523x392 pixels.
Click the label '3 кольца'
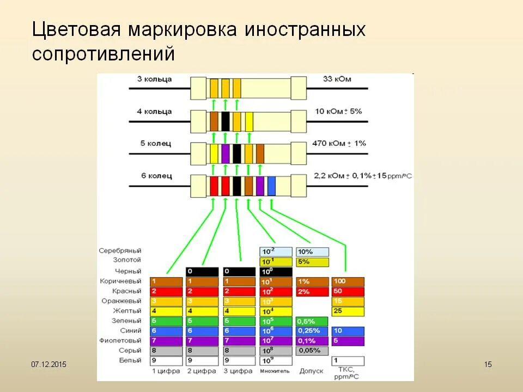[154, 79]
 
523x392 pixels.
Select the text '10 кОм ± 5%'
[338, 112]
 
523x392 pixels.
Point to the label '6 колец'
[156, 176]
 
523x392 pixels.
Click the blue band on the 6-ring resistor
[271, 186]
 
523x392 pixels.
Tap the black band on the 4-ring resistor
[225, 121]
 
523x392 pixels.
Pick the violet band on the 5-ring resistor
[225, 154]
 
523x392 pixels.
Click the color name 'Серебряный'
[120, 251]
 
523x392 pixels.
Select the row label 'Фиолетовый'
[121, 340]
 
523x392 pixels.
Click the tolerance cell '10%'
[312, 252]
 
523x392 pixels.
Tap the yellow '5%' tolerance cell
[312, 262]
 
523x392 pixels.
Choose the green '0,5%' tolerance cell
[312, 321]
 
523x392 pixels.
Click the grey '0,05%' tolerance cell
[312, 351]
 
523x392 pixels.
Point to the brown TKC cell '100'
[348, 281]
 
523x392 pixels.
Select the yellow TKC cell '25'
[348, 311]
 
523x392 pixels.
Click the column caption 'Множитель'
[275, 371]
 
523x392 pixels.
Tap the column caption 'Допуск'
[311, 371]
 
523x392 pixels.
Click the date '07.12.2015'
[48, 364]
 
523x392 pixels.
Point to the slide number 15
[488, 364]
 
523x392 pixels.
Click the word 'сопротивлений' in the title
[104, 54]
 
